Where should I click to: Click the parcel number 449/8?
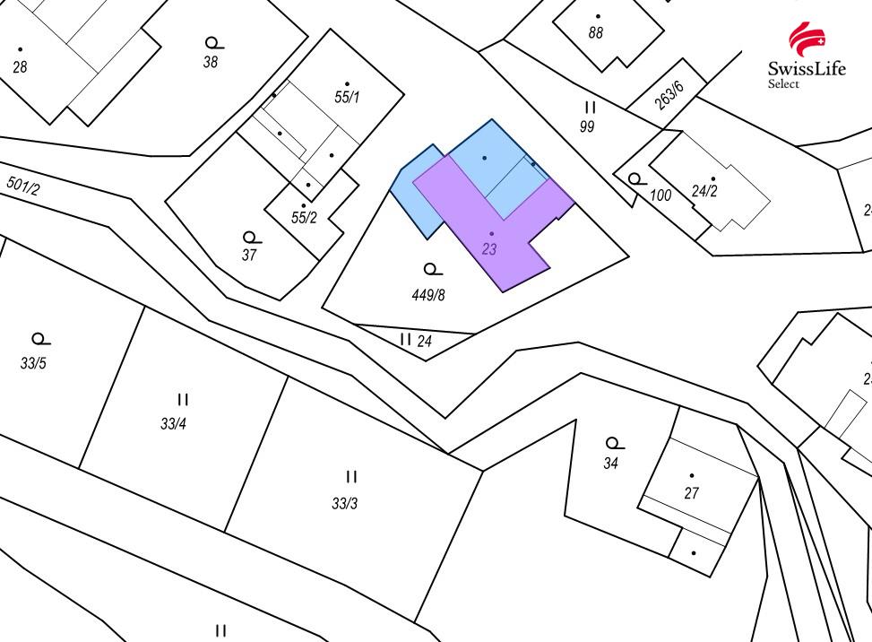(428, 294)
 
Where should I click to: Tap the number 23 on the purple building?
(488, 249)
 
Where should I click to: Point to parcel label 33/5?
(33, 363)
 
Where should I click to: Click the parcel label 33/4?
(173, 423)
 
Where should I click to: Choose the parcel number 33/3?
(345, 503)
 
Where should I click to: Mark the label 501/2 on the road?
(23, 186)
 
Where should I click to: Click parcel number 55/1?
(347, 97)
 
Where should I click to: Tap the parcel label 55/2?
(304, 217)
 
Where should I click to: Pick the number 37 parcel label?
(249, 255)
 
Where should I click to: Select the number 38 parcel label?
(211, 62)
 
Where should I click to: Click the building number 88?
(596, 33)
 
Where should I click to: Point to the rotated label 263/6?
(669, 95)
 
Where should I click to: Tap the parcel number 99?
(587, 126)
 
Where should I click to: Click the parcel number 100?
(660, 195)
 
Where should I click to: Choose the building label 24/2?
(704, 191)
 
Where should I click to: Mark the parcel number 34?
(611, 464)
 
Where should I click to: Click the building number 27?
(691, 492)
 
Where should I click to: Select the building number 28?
(20, 67)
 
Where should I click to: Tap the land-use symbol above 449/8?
(432, 269)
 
